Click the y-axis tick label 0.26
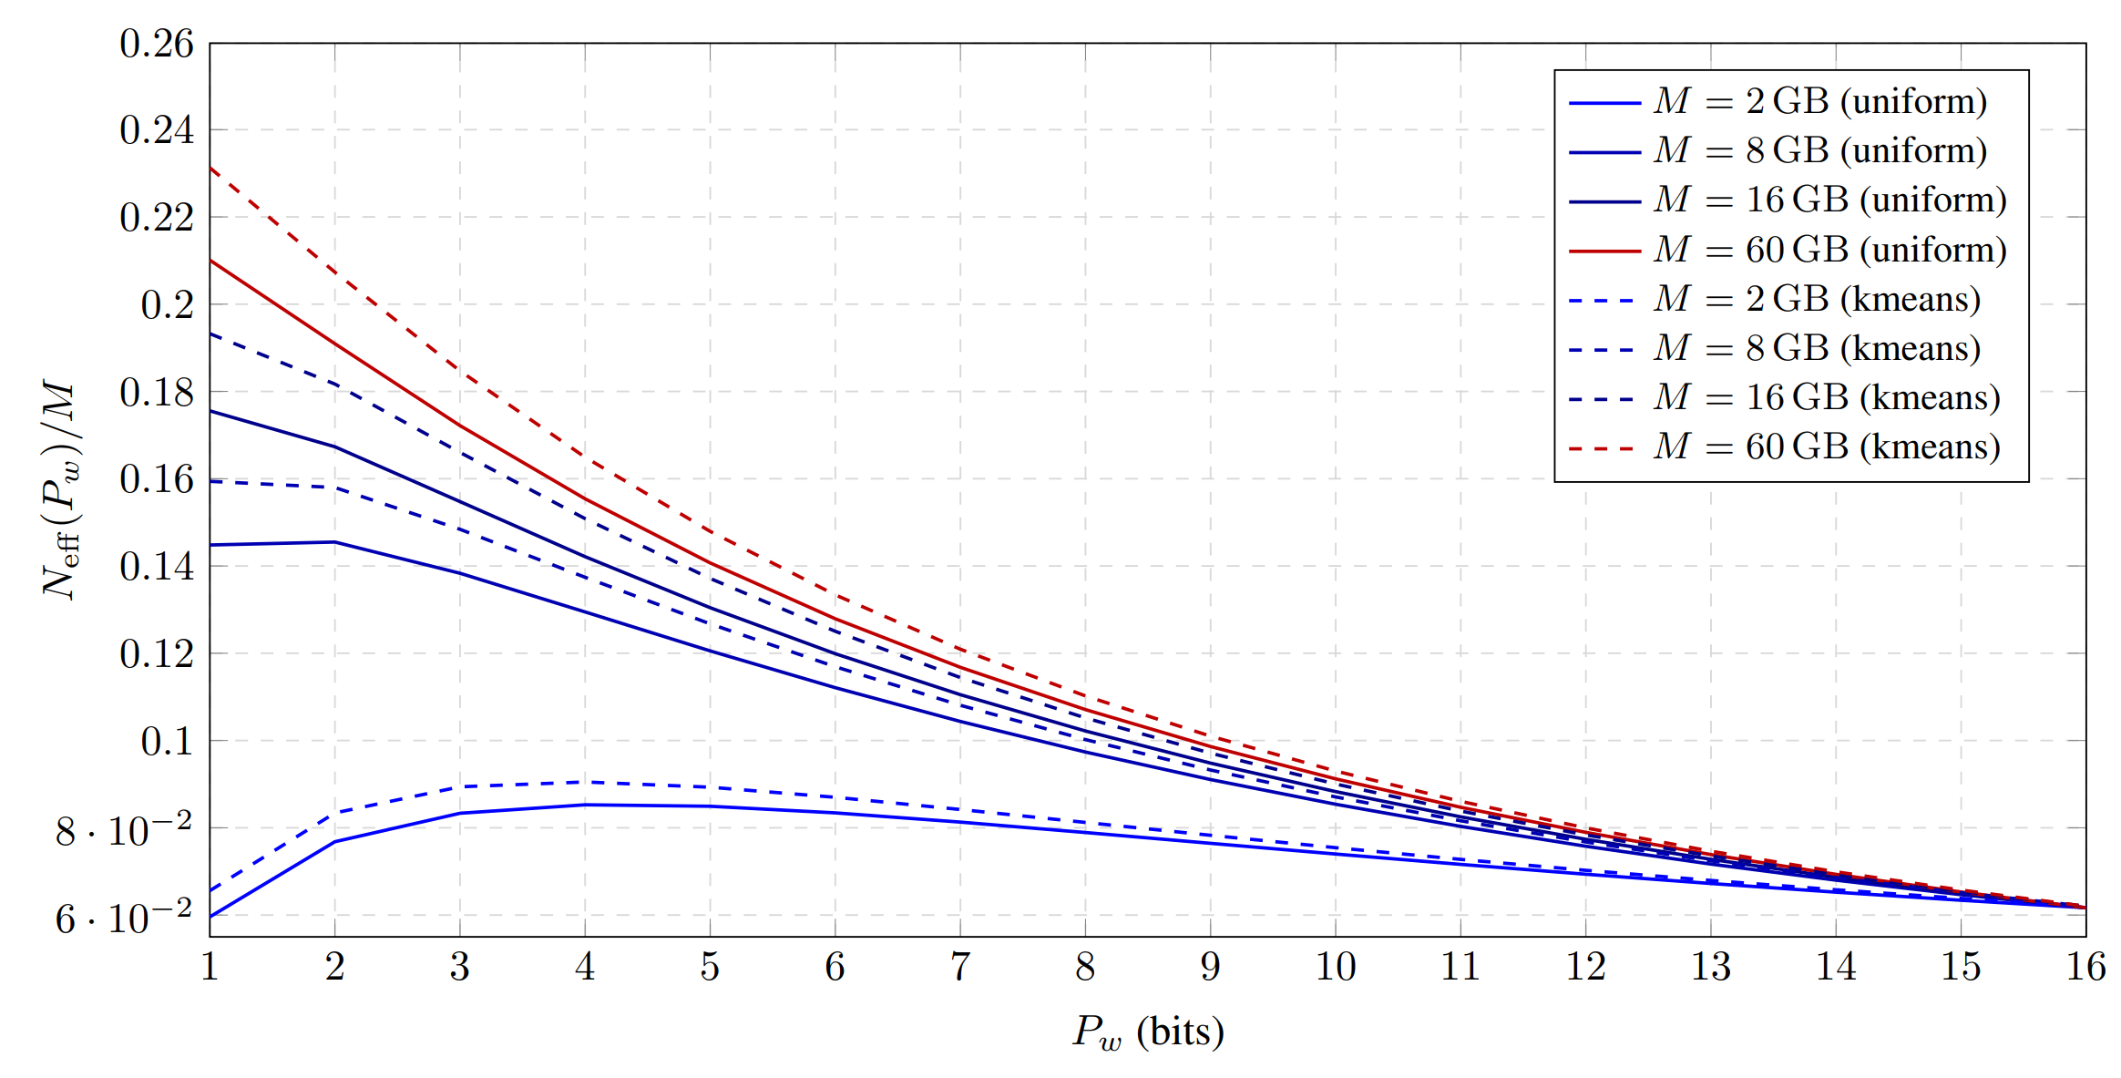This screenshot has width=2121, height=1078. pos(157,44)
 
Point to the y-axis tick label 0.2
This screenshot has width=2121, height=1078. pos(168,305)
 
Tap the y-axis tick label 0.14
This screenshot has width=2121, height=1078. pos(157,567)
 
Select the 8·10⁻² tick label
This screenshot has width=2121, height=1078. pos(124,829)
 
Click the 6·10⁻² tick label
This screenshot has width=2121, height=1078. pos(124,917)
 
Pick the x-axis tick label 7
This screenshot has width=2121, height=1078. pos(960,967)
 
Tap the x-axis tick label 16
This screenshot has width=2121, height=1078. pos(2085,967)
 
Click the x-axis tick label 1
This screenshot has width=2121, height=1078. pos(210,967)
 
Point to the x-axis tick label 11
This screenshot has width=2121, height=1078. pos(1460,967)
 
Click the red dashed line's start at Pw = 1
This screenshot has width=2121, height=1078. pos(210,168)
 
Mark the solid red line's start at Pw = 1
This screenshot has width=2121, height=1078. pos(210,261)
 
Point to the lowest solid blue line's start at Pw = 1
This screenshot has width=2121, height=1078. pos(210,916)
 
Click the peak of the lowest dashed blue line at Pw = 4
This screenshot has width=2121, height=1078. pos(585,782)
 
